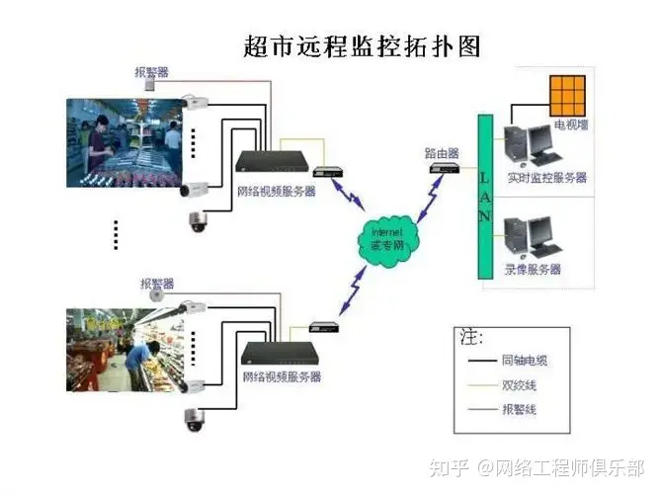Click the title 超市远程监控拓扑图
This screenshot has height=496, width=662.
[x=362, y=46]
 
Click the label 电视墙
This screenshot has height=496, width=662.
[x=570, y=125]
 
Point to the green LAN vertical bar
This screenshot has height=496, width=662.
[x=484, y=197]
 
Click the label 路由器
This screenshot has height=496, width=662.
[x=441, y=153]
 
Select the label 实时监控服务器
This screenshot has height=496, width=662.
[x=546, y=178]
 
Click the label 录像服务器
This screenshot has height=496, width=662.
[x=533, y=269]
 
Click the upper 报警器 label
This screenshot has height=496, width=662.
[x=152, y=71]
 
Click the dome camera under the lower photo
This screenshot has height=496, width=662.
[x=192, y=419]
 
